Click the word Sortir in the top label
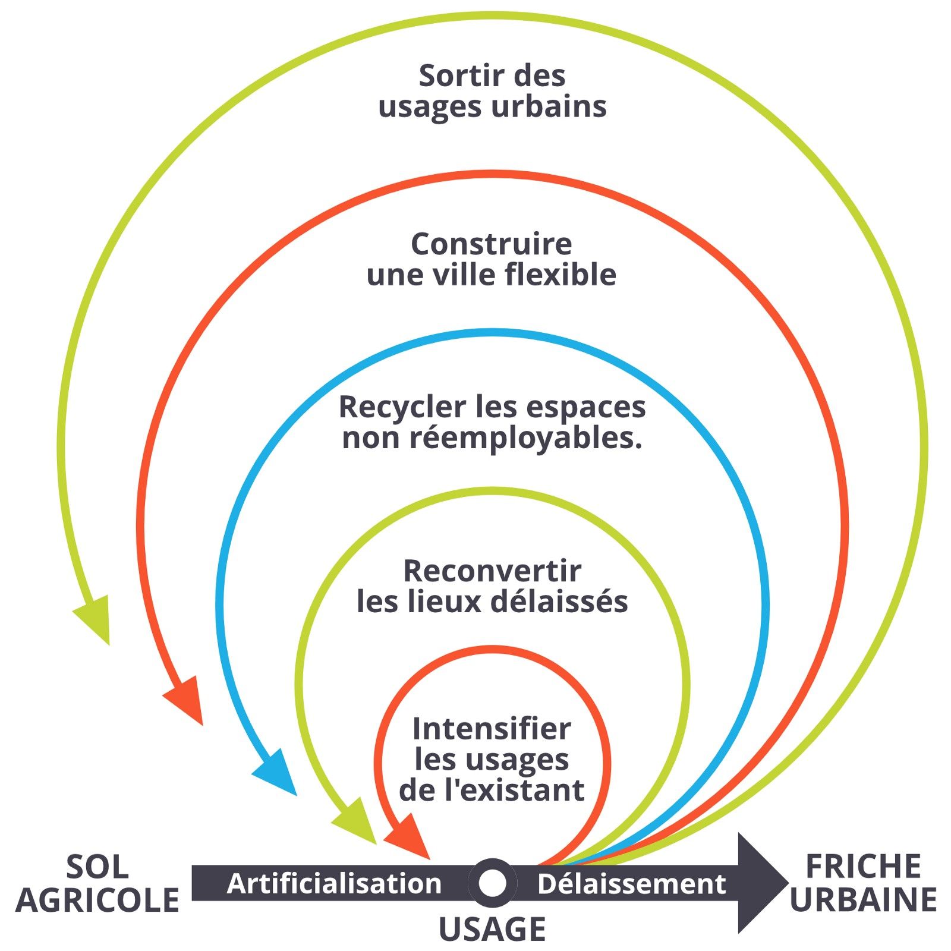click(456, 76)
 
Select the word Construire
click(492, 244)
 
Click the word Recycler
click(402, 408)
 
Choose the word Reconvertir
click(492, 571)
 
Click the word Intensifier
click(492, 729)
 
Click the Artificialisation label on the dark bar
click(334, 884)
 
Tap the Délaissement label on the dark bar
click(631, 884)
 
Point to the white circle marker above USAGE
click(492, 883)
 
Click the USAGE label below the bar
click(492, 930)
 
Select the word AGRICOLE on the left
click(97, 900)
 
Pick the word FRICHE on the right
click(862, 867)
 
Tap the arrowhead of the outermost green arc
click(95, 618)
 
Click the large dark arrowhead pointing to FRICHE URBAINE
click(760, 883)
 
